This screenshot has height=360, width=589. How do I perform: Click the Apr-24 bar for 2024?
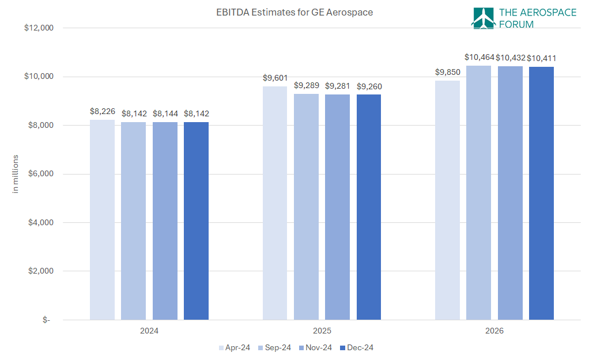coord(102,219)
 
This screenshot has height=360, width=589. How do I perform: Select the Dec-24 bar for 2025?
coord(368,207)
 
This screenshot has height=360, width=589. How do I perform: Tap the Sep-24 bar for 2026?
coord(478,192)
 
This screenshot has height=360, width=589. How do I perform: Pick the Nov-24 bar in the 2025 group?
coord(337,207)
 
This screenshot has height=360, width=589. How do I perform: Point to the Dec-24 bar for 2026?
coord(541,193)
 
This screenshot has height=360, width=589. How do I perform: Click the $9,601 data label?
coord(275,77)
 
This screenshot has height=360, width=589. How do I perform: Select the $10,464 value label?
coord(478,57)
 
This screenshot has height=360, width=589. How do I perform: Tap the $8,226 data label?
coord(102,111)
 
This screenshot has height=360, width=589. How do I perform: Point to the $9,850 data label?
coord(447,72)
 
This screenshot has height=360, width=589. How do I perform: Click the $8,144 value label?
coord(165,113)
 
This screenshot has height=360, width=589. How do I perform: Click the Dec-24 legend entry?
coord(357,347)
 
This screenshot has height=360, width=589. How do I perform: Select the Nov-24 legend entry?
coord(315,347)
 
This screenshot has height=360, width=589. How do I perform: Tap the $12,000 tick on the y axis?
coord(39,28)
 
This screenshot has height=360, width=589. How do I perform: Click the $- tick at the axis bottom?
coord(46,320)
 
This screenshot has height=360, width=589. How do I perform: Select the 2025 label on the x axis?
coord(322,331)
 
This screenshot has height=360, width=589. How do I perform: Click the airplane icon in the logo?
coord(483,18)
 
